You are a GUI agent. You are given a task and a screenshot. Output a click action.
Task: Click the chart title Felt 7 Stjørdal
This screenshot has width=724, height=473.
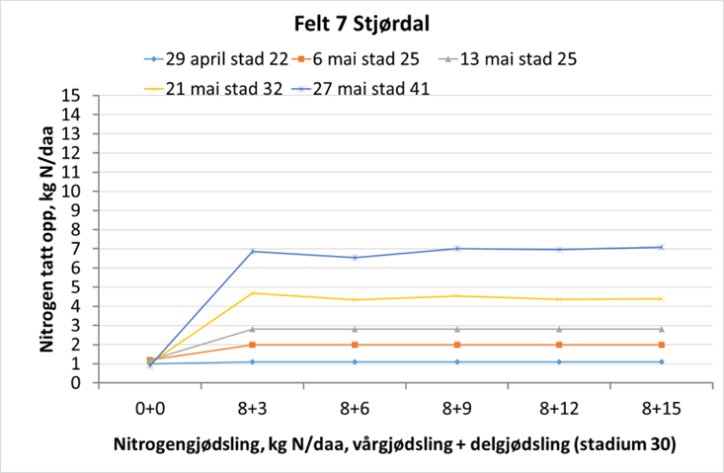pos(362,23)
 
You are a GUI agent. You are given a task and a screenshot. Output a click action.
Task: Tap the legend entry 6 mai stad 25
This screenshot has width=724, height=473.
pos(364,58)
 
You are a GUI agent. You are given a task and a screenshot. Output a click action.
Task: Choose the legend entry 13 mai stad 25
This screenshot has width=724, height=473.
pos(510,58)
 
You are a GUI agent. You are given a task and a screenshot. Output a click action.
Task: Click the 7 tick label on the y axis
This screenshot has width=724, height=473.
pos(75,249)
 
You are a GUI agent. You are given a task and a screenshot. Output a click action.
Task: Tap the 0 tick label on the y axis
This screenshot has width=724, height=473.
pos(75,383)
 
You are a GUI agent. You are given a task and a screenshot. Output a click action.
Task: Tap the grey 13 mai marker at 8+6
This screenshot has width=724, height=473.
pos(355,329)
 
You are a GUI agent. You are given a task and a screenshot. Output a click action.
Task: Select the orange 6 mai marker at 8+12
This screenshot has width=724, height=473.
pos(559,345)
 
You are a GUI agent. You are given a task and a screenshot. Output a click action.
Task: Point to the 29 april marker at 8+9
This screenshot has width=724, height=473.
pos(456,361)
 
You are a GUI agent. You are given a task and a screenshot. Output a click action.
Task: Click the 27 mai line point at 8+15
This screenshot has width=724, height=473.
pos(661,247)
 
